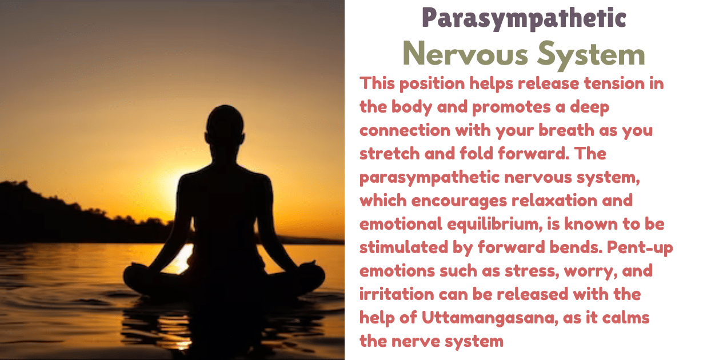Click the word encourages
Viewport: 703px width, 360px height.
click(x=470, y=201)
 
